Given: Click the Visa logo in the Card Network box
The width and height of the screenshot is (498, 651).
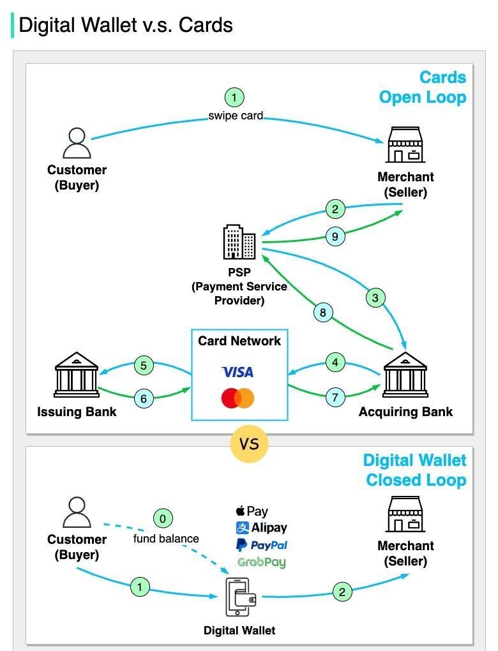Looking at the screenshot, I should (238, 371).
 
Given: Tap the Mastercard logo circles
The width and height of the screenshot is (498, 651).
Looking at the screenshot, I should (238, 399).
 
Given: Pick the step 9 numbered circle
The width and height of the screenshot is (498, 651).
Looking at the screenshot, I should (335, 237).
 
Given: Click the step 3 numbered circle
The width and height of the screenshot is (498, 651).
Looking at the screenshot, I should (375, 297).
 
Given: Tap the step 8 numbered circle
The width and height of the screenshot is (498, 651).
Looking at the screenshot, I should (323, 312).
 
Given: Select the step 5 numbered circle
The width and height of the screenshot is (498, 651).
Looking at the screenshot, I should (144, 366).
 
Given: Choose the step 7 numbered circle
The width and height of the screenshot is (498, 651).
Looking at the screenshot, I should (335, 397).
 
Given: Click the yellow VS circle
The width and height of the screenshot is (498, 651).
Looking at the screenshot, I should (249, 444).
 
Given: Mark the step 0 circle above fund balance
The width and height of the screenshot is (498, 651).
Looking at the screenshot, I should (162, 519).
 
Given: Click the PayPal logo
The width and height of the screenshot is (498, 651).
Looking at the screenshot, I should (261, 545).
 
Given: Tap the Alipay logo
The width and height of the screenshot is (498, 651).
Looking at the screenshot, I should (261, 528).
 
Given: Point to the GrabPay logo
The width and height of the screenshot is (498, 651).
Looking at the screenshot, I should (261, 562).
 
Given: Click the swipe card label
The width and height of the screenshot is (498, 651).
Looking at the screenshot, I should (236, 116).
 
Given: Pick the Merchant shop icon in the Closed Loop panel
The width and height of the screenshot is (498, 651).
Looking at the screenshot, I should (405, 514).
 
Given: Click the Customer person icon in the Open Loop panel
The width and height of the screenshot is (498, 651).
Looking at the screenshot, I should (77, 144).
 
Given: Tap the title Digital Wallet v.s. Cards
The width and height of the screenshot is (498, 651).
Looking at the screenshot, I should (125, 25).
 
